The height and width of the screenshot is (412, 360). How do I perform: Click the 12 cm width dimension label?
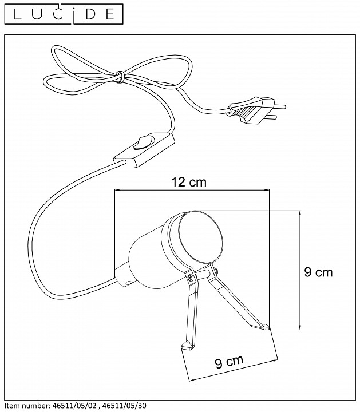point(188,183)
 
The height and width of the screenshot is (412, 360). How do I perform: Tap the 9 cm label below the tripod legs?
point(229,362)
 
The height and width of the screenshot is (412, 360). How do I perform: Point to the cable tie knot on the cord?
point(120,76)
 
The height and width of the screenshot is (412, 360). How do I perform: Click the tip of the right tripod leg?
point(267,328)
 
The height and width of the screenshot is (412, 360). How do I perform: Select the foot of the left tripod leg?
point(185,346)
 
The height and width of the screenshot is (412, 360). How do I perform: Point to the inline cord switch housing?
point(143,150)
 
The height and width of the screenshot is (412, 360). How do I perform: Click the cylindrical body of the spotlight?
point(146,255)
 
